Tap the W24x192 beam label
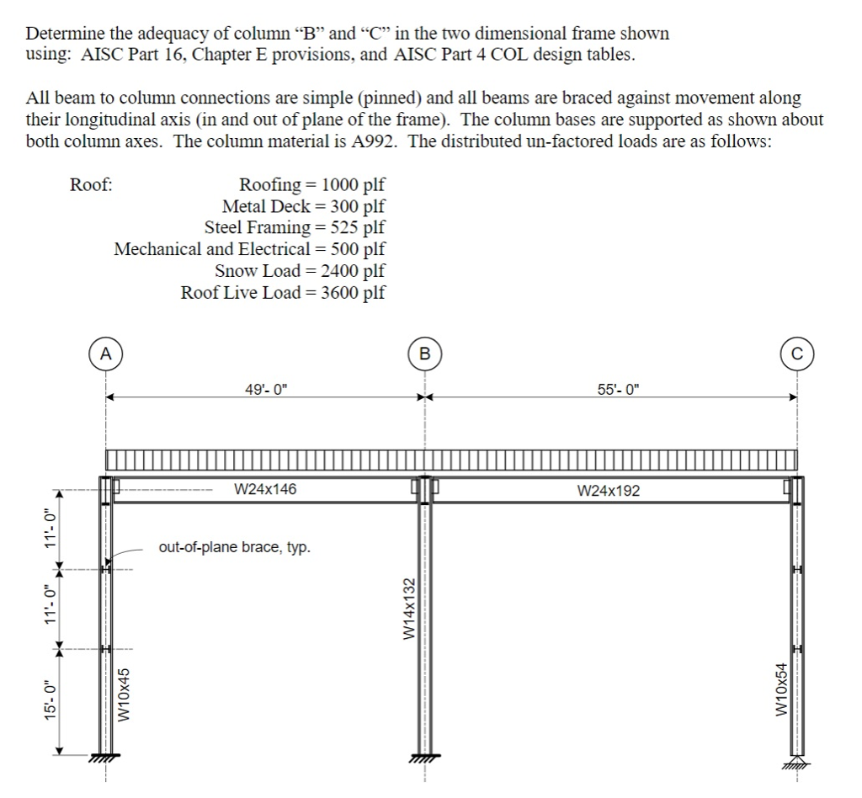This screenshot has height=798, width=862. pos(609,490)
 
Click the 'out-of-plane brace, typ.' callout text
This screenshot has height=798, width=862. pos(234,548)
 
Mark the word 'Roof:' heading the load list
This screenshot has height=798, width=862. pos(91,184)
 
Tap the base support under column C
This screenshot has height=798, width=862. pos(795,763)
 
